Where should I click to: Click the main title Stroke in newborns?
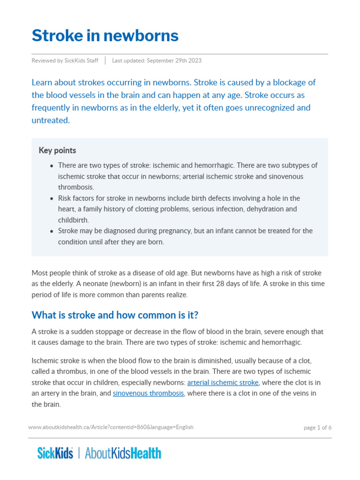point(105,36)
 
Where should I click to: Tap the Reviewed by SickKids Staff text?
point(65,61)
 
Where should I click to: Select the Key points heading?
point(57,150)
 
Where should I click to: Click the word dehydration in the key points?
point(266,209)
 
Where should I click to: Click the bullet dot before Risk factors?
point(52,199)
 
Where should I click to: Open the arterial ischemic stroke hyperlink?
point(223,382)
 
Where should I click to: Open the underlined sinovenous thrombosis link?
point(148,393)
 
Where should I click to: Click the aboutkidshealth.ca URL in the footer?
point(111,427)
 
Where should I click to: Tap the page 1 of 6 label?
point(317,427)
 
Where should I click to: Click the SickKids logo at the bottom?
point(55,453)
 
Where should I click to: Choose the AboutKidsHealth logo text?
point(123,453)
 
